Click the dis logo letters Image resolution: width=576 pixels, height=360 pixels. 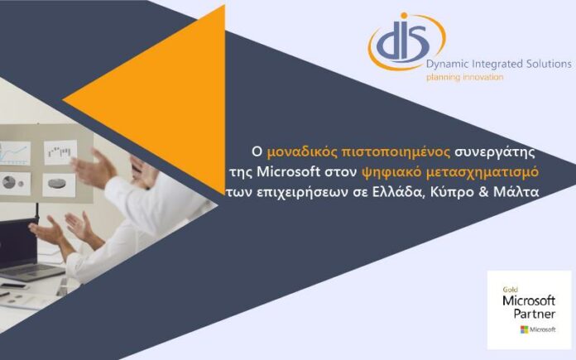click(403, 41)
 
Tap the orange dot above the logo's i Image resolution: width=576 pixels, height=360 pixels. click(404, 16)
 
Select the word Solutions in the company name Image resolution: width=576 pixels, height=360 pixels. click(550, 64)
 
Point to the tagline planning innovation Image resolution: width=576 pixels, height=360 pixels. click(465, 77)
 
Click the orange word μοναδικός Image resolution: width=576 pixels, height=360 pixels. click(302, 152)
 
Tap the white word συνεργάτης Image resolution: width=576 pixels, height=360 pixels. click(495, 152)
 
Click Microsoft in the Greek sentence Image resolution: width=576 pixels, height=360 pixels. click(289, 171)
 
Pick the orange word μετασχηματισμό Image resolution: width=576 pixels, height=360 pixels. click(482, 172)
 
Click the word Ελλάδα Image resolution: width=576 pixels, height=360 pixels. click(400, 192)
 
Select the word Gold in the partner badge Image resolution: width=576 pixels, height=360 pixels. click(511, 290)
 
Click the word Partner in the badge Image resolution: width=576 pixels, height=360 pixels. click(534, 314)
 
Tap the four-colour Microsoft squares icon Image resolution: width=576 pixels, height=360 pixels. click(524, 329)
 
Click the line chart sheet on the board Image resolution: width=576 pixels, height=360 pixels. click(15, 154)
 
